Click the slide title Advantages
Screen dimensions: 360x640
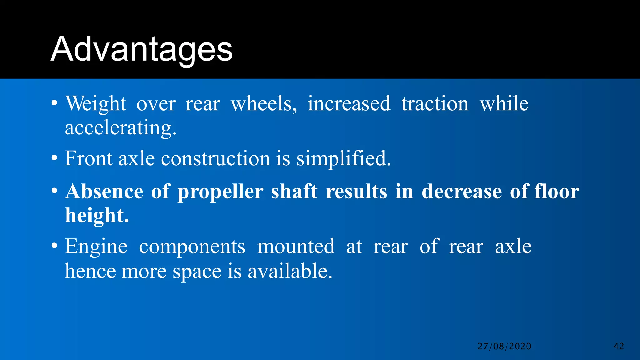(142, 49)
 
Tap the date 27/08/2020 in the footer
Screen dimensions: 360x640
(504, 346)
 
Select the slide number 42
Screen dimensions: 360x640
(619, 346)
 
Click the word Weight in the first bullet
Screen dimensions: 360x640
(96, 104)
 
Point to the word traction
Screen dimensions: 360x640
(435, 104)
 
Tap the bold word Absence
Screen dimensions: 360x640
(104, 191)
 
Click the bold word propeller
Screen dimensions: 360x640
(220, 192)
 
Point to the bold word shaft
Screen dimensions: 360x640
(294, 191)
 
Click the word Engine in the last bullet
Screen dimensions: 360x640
(96, 247)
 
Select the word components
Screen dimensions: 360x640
(192, 247)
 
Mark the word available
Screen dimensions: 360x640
(290, 271)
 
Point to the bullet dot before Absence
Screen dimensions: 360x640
(54, 191)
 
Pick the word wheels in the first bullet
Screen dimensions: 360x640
(264, 104)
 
